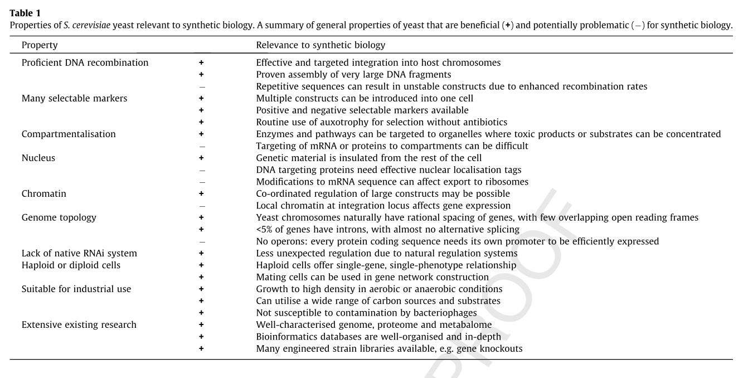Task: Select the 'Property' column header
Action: point(40,45)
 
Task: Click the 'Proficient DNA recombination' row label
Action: point(85,63)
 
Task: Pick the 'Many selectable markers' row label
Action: point(75,99)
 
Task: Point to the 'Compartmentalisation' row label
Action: point(69,134)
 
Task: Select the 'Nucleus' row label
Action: point(38,158)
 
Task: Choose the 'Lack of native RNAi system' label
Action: point(79,254)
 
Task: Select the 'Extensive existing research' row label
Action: point(79,325)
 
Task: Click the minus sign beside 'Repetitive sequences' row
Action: point(201,87)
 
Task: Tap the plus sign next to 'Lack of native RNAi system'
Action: point(201,254)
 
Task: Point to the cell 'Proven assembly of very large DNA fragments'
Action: point(353,75)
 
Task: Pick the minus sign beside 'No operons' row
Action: point(201,242)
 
